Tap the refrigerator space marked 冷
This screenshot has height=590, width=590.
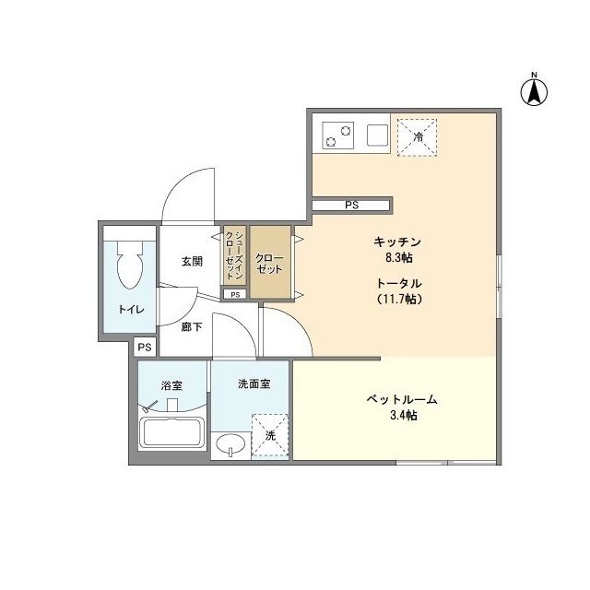click(418, 137)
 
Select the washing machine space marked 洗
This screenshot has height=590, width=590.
click(270, 436)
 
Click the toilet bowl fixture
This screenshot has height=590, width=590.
click(130, 265)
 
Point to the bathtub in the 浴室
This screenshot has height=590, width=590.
click(171, 432)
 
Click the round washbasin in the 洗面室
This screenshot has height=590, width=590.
click(230, 444)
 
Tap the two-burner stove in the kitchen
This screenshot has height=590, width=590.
click(338, 136)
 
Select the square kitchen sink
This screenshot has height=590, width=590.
click(377, 136)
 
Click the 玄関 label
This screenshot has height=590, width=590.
click(192, 261)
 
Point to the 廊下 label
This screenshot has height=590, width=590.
click(192, 327)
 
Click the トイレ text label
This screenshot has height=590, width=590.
click(131, 310)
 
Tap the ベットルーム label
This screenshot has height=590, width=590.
click(402, 399)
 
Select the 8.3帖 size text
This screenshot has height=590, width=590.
click(399, 258)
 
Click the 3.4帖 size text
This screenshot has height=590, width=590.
click(404, 416)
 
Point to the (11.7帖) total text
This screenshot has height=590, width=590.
click(399, 299)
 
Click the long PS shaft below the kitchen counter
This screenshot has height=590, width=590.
click(351, 205)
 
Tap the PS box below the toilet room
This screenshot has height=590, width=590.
click(145, 347)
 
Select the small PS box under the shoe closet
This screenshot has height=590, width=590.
click(235, 295)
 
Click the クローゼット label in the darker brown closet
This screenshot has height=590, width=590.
click(269, 264)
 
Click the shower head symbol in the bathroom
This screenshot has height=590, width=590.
click(149, 406)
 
